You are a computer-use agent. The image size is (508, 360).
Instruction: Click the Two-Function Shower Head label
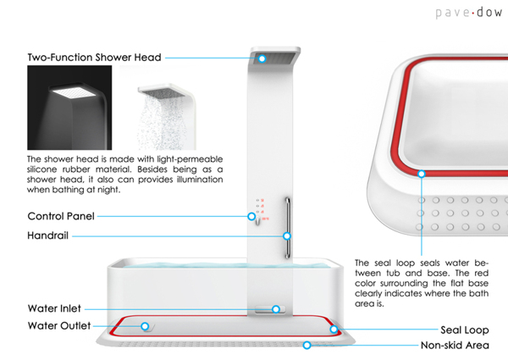coord(93,58)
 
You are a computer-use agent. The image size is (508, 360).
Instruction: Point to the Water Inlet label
coord(54,309)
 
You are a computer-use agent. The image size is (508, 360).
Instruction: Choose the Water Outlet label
coord(58,325)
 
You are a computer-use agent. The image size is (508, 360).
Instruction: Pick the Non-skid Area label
coord(457,346)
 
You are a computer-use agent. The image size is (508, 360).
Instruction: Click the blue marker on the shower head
coord(262,58)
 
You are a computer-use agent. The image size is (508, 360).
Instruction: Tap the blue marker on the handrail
coord(287,235)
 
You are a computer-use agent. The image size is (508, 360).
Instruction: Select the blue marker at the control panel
coord(251,216)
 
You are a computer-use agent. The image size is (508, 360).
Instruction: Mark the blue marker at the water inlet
coord(276,309)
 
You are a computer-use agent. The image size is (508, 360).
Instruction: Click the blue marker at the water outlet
coord(145,325)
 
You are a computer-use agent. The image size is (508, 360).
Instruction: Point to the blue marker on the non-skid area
coord(307,345)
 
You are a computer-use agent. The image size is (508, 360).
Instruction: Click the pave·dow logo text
coord(468,14)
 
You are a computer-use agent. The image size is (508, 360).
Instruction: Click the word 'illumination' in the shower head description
coord(194,179)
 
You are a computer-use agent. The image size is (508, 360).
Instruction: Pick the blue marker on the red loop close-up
coord(421,174)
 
